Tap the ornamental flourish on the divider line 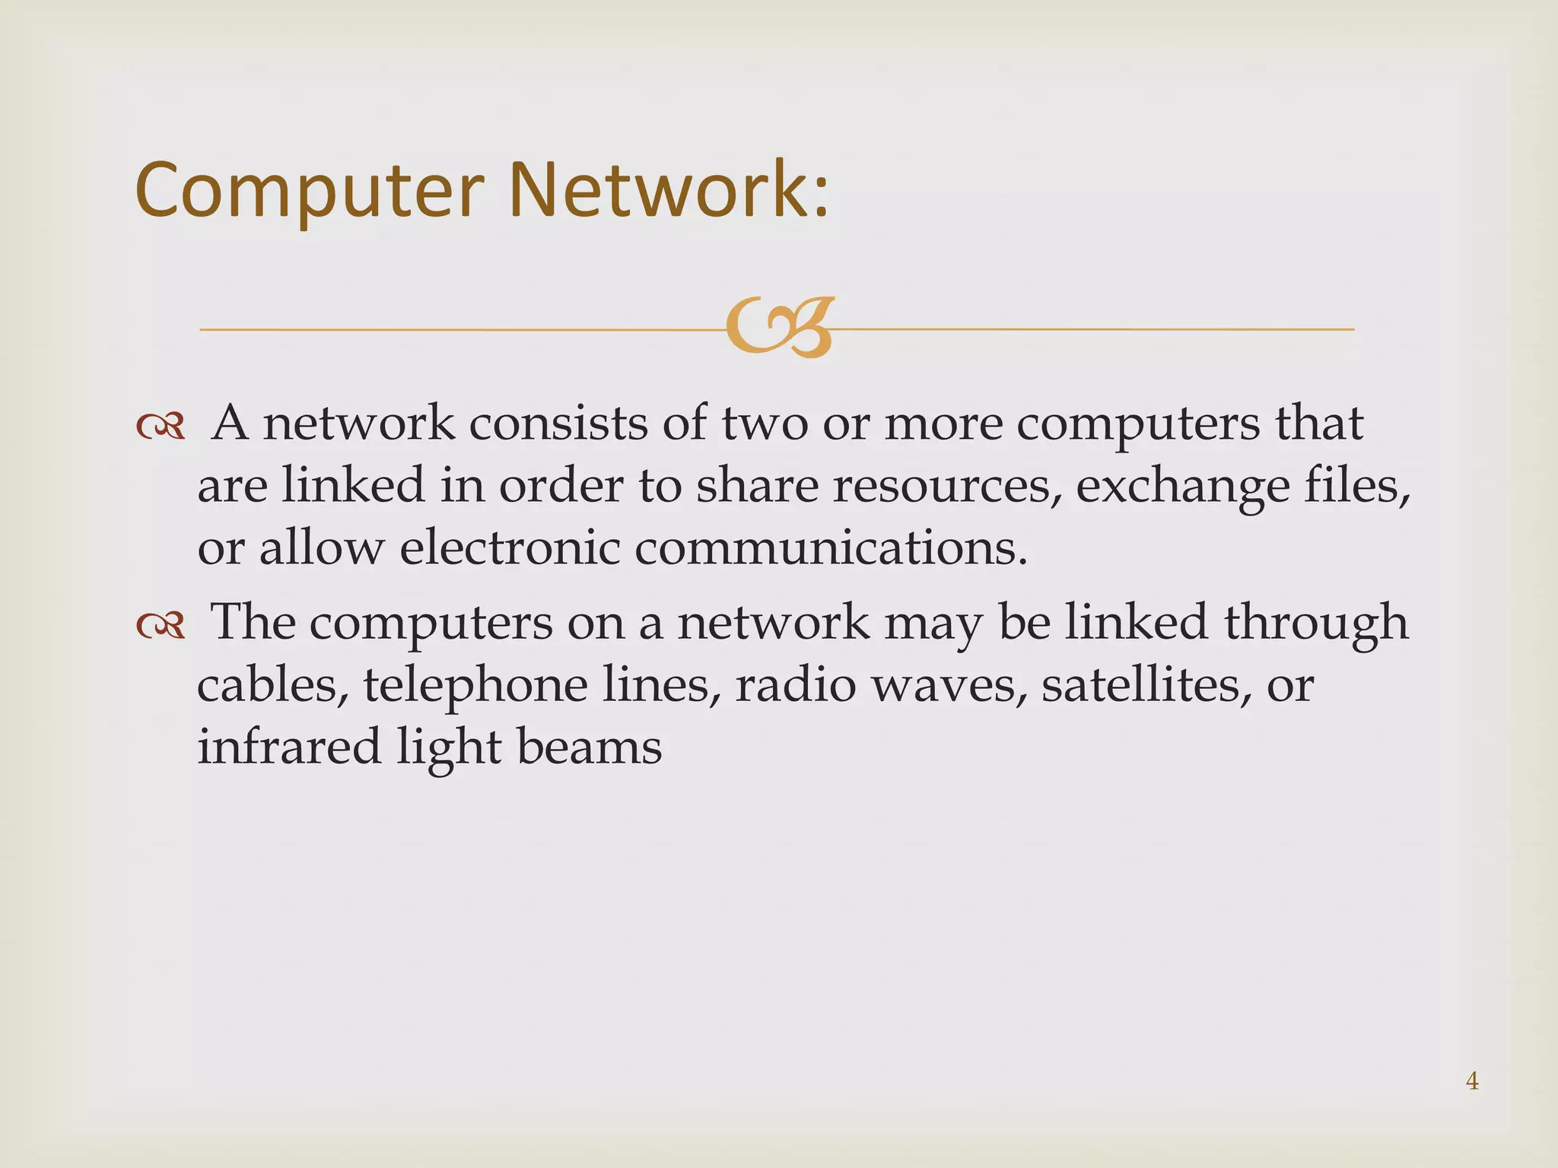click(x=779, y=328)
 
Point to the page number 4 click(x=1472, y=1081)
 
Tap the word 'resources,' click(x=946, y=486)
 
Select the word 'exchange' click(x=1183, y=487)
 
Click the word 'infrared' click(x=289, y=746)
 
